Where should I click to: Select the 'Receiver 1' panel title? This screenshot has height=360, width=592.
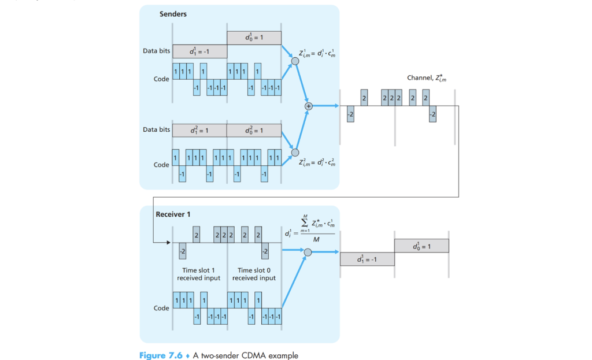pyautogui.click(x=173, y=214)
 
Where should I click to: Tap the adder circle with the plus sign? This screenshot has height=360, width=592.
pyautogui.click(x=308, y=106)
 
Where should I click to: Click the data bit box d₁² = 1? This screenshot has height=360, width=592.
pyautogui.click(x=199, y=130)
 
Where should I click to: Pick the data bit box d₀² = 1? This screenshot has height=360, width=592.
pyautogui.click(x=254, y=130)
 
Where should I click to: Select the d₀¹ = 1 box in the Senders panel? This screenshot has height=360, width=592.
pyautogui.click(x=254, y=38)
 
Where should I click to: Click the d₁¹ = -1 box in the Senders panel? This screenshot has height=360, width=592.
pyautogui.click(x=199, y=51)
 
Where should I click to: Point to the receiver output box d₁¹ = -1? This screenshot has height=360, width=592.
pyautogui.click(x=367, y=259)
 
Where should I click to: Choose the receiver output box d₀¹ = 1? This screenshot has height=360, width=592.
pyautogui.click(x=421, y=246)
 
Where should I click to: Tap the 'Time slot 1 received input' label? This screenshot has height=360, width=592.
pyautogui.click(x=199, y=274)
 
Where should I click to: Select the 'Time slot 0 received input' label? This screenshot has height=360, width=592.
pyautogui.click(x=254, y=274)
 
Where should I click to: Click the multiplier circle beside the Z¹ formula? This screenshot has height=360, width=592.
pyautogui.click(x=295, y=61)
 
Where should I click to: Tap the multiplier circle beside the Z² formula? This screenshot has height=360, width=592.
pyautogui.click(x=295, y=153)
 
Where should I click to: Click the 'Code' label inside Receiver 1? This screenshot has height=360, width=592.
pyautogui.click(x=161, y=308)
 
